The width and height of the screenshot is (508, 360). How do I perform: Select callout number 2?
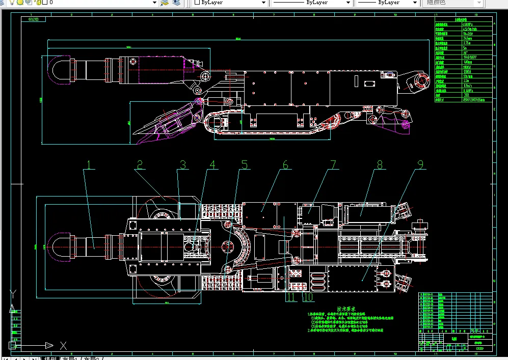139,165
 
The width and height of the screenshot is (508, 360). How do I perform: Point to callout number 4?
212,165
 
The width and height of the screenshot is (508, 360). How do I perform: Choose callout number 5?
245,165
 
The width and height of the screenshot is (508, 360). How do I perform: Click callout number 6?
285,165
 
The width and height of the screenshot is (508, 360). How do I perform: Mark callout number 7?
334,165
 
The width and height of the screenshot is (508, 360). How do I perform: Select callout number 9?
420,165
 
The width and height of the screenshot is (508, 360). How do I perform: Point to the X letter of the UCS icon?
63,346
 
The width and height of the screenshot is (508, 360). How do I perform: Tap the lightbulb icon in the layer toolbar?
12,3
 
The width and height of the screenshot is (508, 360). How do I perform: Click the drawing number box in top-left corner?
34,20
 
